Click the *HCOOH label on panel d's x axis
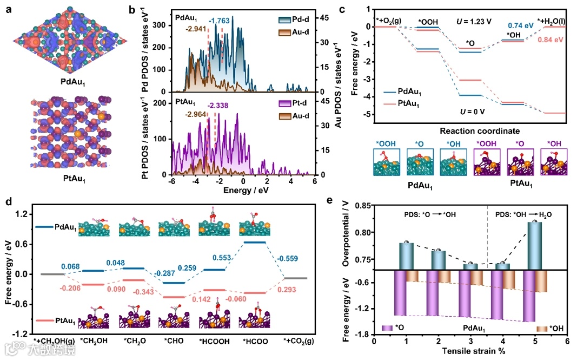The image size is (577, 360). [213, 340]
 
